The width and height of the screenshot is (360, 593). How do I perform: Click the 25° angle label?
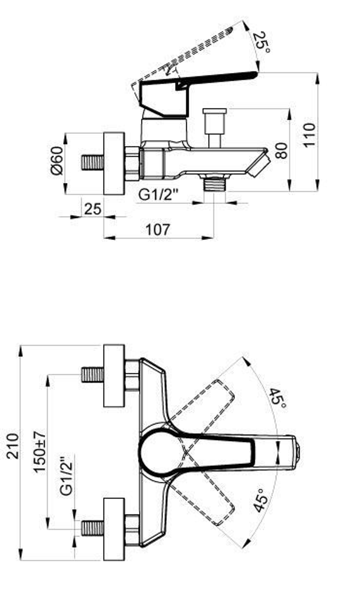pos(261,42)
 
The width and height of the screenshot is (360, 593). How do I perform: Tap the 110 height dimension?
pos(309,135)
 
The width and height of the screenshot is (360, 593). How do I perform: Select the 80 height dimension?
pos(281,150)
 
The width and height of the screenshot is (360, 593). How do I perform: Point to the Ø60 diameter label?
pos(57,161)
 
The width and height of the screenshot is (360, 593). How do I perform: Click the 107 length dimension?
pos(158,229)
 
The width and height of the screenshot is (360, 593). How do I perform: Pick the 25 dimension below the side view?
pos(93,209)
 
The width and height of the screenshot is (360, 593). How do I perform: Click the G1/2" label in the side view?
pos(158,195)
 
